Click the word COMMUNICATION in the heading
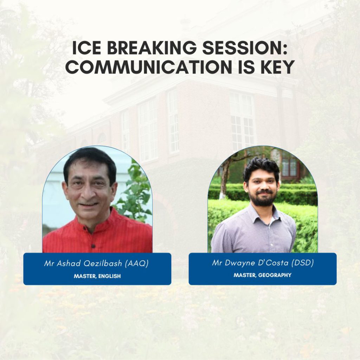(x=149, y=67)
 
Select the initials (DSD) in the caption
(x=303, y=263)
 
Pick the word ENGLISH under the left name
(x=110, y=276)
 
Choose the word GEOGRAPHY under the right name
(x=275, y=275)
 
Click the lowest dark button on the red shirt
(x=93, y=246)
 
